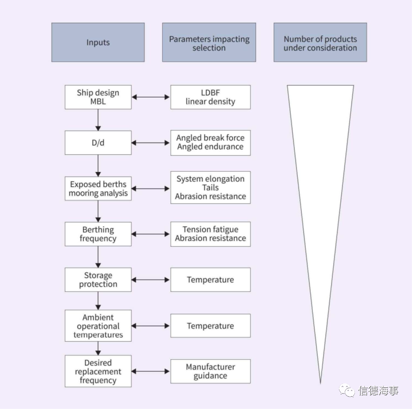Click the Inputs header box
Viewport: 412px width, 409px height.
98,42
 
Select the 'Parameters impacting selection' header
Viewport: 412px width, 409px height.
209,42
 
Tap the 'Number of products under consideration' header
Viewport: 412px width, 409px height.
320,42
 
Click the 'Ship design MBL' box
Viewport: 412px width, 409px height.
98,97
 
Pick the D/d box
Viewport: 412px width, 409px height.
98,143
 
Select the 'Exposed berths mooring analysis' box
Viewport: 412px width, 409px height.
98,189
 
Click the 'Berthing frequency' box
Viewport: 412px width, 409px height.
98,234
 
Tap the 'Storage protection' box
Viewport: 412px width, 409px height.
98,280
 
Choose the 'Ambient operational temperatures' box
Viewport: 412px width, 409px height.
98,326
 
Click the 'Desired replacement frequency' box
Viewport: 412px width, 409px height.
98,371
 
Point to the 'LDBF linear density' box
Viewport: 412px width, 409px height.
211,97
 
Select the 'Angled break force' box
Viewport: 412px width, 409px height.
211,143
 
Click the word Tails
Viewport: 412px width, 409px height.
210,188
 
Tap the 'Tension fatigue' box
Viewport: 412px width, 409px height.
211,234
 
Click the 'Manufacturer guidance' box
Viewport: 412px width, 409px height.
211,371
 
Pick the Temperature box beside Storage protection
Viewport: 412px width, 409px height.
211,280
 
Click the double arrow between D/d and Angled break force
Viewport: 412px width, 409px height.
150,143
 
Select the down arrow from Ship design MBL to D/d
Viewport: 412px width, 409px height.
98,120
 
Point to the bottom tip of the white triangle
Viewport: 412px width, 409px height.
320,384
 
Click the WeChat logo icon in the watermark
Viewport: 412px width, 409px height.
347,390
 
